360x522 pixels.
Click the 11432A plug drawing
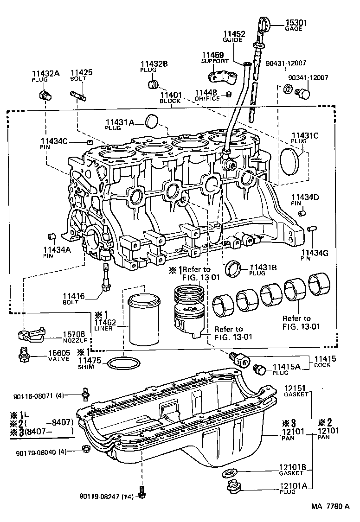[x=45, y=95]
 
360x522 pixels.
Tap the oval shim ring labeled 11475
[x=123, y=363]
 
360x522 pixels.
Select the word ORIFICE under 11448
[x=206, y=98]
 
